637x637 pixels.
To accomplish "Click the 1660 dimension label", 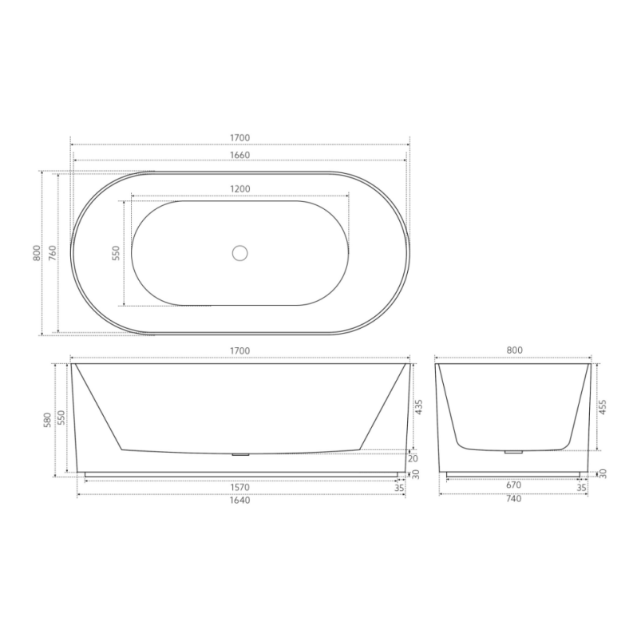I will (x=239, y=156).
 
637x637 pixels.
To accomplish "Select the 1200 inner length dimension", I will (x=239, y=189).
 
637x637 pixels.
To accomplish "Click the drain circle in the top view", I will (x=239, y=254).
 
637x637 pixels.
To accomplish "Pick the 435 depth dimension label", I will (x=419, y=407).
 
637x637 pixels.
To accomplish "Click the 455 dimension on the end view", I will (x=603, y=407).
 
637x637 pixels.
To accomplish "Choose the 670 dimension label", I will (x=513, y=485).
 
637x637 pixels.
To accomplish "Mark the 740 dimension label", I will (x=513, y=500).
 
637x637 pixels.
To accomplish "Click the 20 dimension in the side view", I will (x=413, y=458).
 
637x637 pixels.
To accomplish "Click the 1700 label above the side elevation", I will (x=239, y=351).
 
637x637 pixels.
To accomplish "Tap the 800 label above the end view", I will (x=513, y=351).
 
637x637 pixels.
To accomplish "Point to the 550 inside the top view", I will (x=116, y=254).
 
